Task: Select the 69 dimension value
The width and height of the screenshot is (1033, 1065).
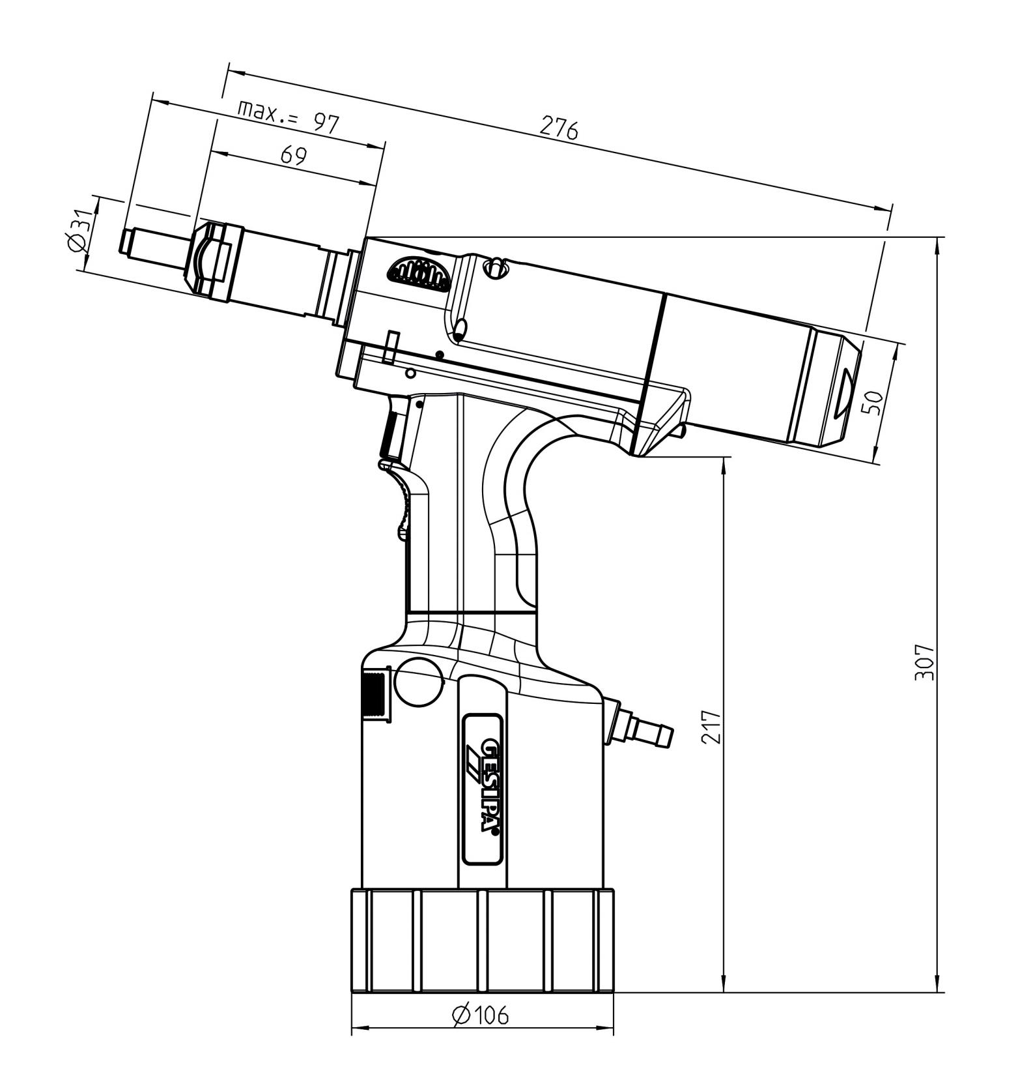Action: coord(293,156)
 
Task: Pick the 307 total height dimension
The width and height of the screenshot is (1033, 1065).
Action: coord(924,662)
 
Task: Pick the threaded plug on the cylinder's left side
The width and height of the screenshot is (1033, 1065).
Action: coord(375,695)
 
